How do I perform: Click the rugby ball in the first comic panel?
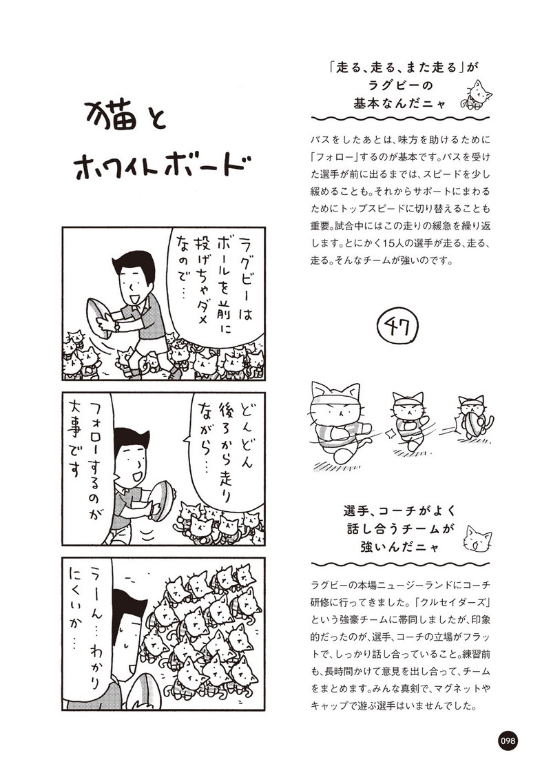click(x=100, y=316)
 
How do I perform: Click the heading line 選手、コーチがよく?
click(x=400, y=511)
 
